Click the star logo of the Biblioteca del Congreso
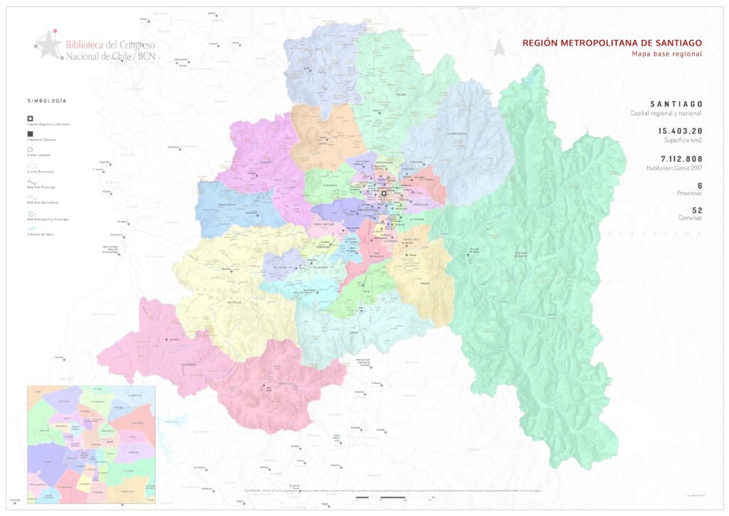click(x=48, y=45)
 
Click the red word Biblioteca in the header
click(x=83, y=43)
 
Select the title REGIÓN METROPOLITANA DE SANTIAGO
click(x=612, y=43)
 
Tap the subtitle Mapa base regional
click(x=666, y=54)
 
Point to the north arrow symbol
click(x=500, y=47)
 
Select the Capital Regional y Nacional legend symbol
click(x=31, y=118)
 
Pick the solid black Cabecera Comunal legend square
click(x=31, y=134)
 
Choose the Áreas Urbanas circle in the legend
click(x=31, y=150)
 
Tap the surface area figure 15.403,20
click(x=680, y=131)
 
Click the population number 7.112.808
click(x=681, y=158)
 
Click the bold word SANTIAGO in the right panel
click(x=676, y=105)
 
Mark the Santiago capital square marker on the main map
click(x=384, y=193)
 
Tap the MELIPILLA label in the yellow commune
click(x=227, y=301)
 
